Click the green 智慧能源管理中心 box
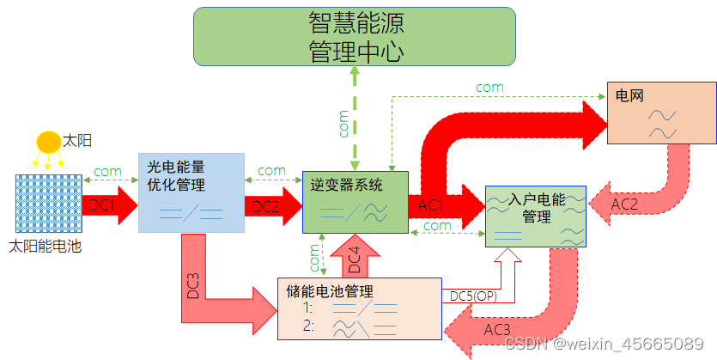click(x=354, y=37)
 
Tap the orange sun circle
click(x=49, y=141)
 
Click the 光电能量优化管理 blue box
click(x=191, y=192)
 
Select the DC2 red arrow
click(x=269, y=206)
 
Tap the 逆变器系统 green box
click(x=355, y=202)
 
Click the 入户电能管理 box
click(x=536, y=216)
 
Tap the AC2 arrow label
click(x=624, y=204)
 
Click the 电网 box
click(x=660, y=112)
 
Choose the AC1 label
click(x=431, y=205)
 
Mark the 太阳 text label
click(x=77, y=139)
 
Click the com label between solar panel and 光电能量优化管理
click(x=107, y=171)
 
